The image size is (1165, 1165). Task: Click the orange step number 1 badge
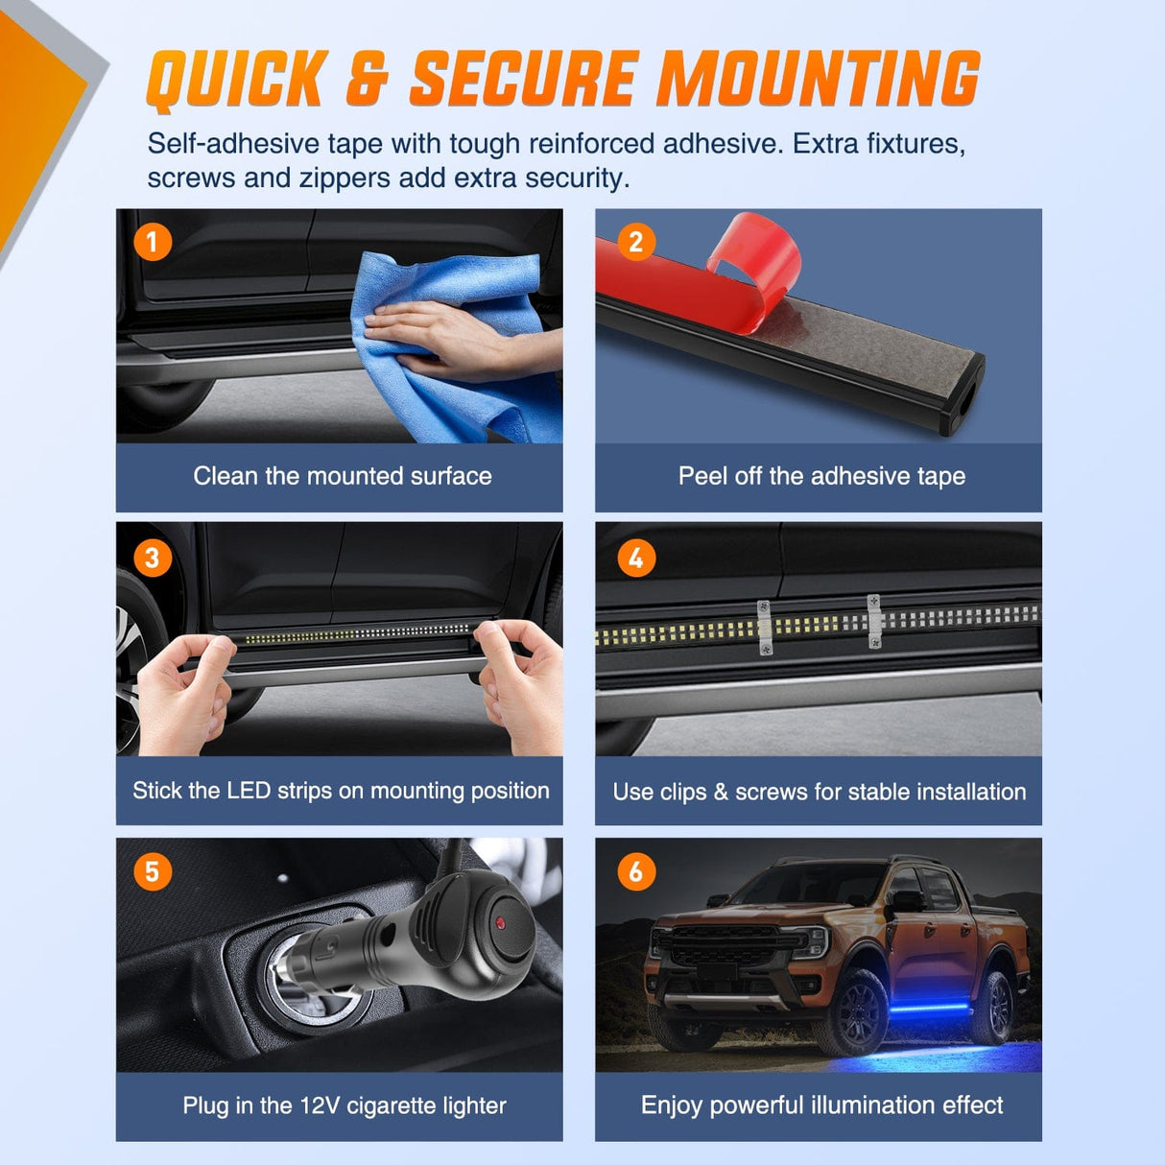coord(153,242)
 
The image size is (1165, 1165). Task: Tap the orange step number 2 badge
coord(635,242)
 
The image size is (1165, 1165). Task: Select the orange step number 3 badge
coord(153,558)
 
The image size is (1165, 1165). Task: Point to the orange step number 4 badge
coord(635,558)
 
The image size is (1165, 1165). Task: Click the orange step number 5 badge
coord(153,871)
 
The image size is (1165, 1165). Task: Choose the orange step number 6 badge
coord(635,871)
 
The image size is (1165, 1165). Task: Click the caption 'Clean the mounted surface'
coord(342,476)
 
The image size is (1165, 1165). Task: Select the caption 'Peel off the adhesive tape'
coord(821,476)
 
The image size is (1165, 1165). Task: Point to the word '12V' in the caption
coord(320,1106)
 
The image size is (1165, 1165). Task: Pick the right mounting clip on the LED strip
coord(874,621)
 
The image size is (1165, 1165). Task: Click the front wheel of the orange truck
coord(861,1010)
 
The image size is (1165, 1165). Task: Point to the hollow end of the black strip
coord(961,406)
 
